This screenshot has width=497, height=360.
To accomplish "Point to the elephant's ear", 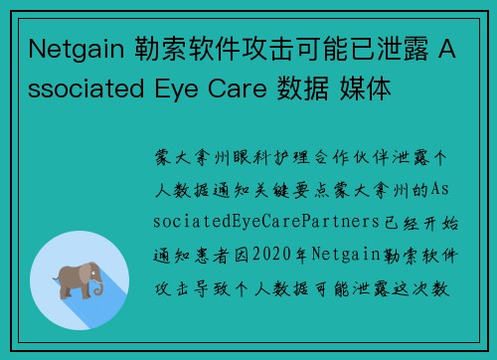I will pyautogui.click(x=79, y=272).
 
